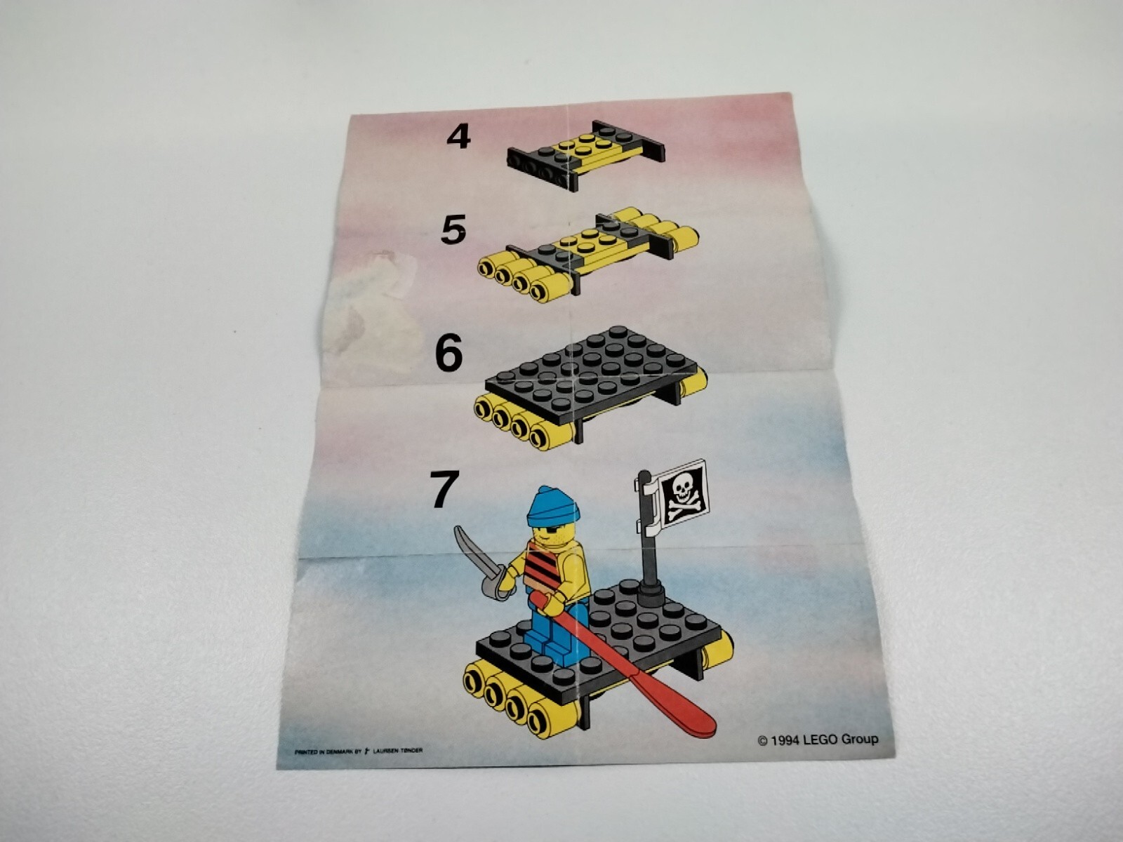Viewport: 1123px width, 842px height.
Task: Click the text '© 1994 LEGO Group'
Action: point(818,739)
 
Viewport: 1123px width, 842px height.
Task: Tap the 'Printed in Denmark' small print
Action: point(359,751)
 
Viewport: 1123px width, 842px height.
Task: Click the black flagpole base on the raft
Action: point(653,596)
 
